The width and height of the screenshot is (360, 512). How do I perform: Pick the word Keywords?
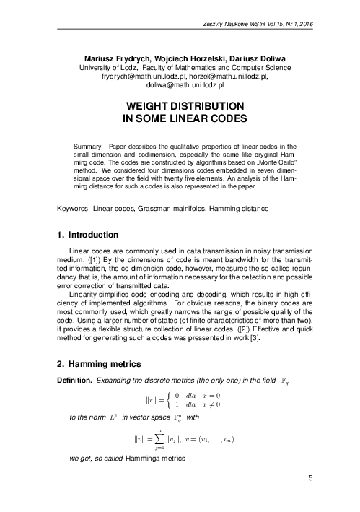[73, 208]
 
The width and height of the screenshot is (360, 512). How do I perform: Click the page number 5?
[310, 497]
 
